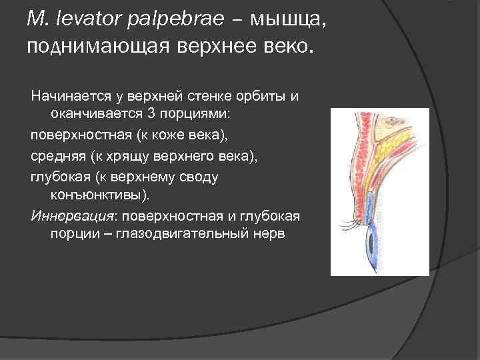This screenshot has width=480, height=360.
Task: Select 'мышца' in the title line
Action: [x=289, y=21]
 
